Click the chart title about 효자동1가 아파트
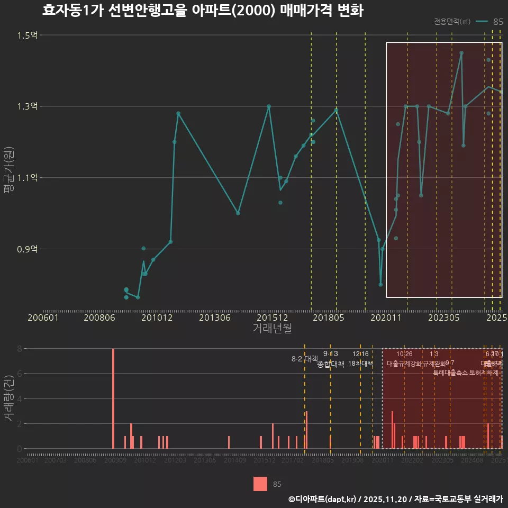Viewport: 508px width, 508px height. tap(203, 11)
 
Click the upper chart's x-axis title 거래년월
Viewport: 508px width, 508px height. tap(272, 329)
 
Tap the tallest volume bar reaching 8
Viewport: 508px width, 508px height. tap(113, 398)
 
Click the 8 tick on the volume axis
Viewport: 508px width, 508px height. tap(20, 349)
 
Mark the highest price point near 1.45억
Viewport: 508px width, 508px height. tap(461, 53)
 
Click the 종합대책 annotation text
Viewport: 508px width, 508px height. tap(331, 364)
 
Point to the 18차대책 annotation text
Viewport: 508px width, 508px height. tap(360, 364)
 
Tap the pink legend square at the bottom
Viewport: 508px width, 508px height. tap(260, 484)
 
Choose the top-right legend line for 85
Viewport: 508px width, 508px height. tap(482, 22)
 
